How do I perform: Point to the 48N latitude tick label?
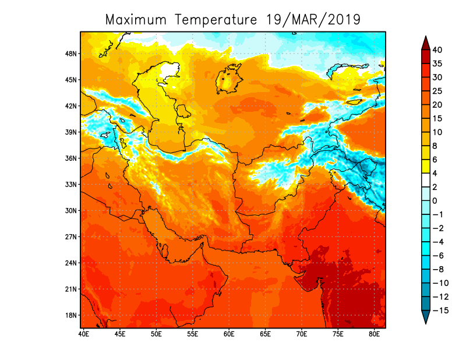(72, 54)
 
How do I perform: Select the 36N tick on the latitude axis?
(72, 158)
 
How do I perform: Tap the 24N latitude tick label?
(72, 263)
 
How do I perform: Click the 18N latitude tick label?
(72, 315)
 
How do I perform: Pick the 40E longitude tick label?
(83, 334)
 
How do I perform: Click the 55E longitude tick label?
(192, 334)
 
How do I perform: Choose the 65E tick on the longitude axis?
(265, 334)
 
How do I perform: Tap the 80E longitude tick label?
(374, 334)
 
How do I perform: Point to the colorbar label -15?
(441, 310)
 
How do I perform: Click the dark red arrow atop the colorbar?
(425, 43)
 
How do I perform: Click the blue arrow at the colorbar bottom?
(425, 317)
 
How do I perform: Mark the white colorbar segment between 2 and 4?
(425, 180)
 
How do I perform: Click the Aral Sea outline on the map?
(229, 79)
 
